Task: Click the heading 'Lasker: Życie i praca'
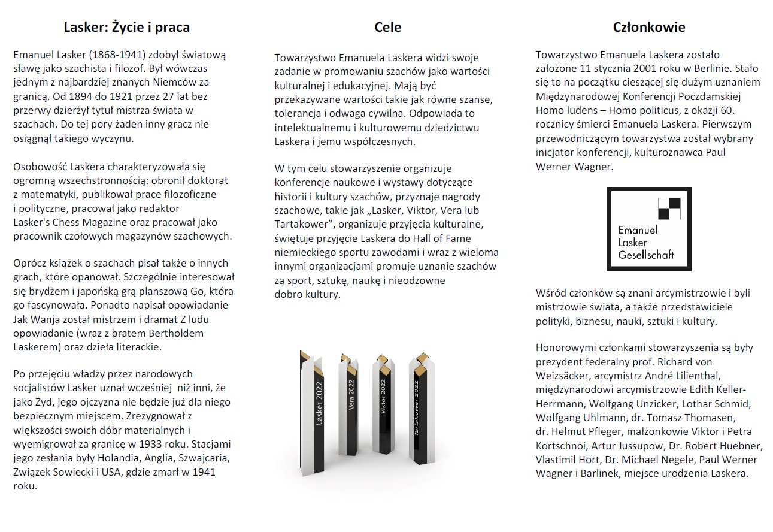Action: click(127, 27)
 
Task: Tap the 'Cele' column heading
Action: click(387, 27)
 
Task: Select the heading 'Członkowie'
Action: click(649, 27)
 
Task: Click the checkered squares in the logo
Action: click(669, 208)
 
